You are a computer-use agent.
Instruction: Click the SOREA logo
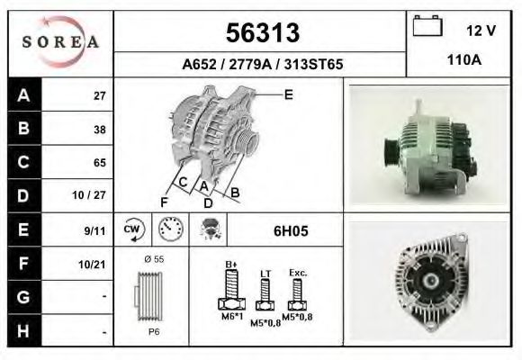[60, 42]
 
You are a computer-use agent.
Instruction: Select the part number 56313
[263, 32]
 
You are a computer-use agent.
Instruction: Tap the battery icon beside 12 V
[427, 25]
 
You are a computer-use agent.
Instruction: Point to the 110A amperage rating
[464, 60]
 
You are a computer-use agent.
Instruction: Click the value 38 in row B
[100, 130]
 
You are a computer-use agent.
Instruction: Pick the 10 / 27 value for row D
[89, 195]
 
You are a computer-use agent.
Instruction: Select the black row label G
[23, 297]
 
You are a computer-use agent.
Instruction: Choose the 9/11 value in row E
[94, 230]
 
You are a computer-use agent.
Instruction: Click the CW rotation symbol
[133, 229]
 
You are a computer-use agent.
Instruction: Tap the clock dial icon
[171, 229]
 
